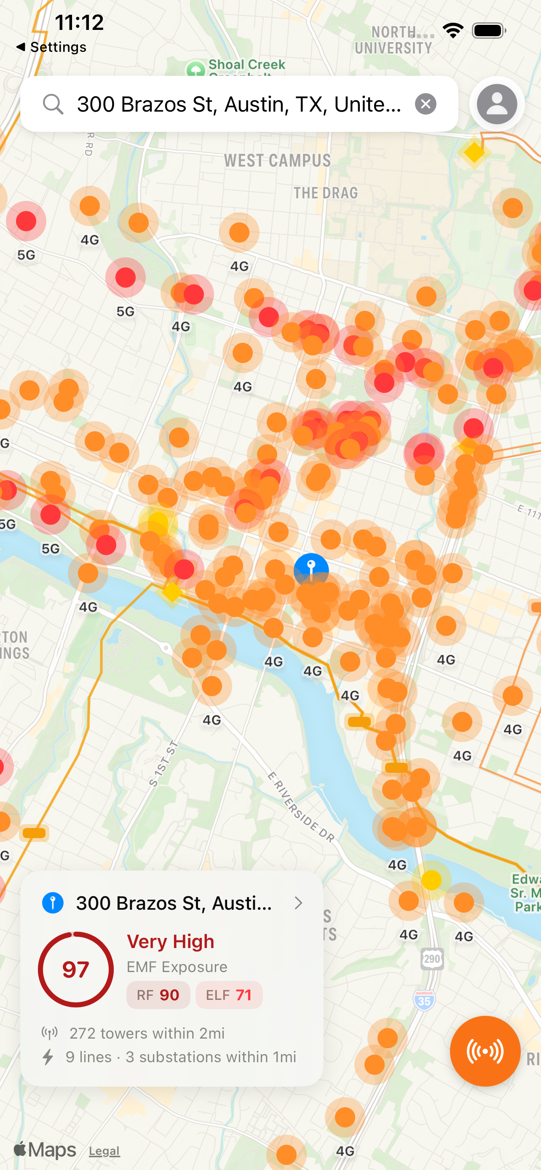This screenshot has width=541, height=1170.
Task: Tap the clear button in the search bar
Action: tap(425, 104)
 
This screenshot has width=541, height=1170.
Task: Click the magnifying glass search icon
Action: tap(53, 104)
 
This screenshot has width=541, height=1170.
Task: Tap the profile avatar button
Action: tap(496, 104)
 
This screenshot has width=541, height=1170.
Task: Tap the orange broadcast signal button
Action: tap(485, 1051)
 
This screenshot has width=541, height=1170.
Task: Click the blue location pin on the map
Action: tap(311, 568)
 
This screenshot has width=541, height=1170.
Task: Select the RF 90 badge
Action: tap(158, 995)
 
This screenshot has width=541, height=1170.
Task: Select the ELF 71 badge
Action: tap(229, 995)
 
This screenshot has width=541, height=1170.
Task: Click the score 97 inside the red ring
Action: tap(75, 969)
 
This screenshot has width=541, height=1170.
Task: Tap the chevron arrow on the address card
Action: tap(298, 903)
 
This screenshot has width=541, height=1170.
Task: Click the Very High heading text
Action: tap(170, 942)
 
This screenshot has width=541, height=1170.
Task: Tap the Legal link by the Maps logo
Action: tap(104, 1151)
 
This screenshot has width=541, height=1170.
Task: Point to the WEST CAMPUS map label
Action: tap(277, 160)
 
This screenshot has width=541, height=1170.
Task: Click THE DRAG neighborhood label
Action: tap(325, 192)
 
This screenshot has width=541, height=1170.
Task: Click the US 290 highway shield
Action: tap(431, 959)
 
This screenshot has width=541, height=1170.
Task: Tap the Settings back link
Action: tap(51, 47)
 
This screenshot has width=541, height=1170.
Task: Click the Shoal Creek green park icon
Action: tap(196, 69)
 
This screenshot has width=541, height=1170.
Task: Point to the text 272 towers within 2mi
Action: tap(147, 1033)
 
